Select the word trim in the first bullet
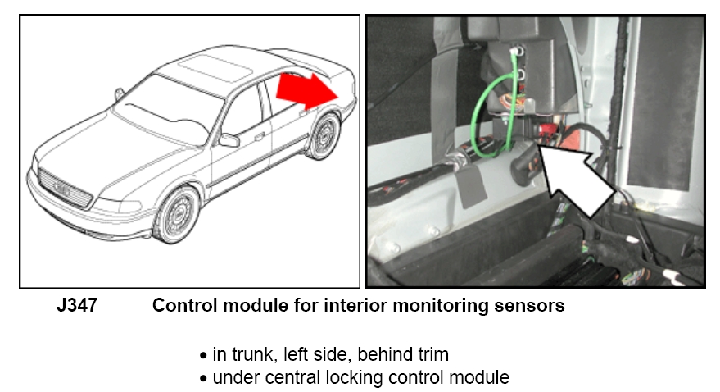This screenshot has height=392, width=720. (432, 355)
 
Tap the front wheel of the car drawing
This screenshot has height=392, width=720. (176, 215)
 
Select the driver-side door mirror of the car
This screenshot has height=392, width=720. (229, 140)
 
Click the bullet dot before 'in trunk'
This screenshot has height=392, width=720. (204, 356)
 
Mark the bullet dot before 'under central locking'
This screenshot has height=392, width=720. (204, 379)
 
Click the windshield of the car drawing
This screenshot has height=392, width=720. (164, 104)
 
